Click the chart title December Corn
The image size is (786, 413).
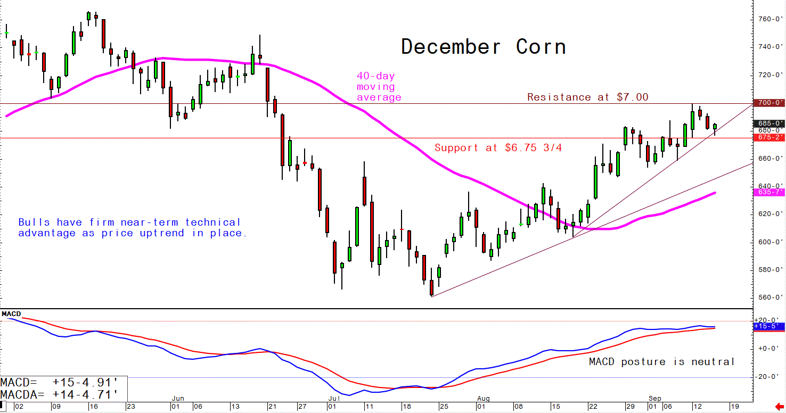pos(483,47)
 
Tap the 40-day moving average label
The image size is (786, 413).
pos(378,87)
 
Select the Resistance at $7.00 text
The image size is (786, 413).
pos(587,97)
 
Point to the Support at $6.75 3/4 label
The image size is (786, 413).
pos(498,148)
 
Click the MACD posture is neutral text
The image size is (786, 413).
pos(661,362)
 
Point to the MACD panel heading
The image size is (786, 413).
pos(11,314)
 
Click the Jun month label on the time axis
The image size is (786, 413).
pos(178,398)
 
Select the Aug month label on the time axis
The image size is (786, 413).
pos(483,398)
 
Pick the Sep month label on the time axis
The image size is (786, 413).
pos(655,398)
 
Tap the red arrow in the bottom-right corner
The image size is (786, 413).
pos(779,407)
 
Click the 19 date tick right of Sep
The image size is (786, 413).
pos(734,406)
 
